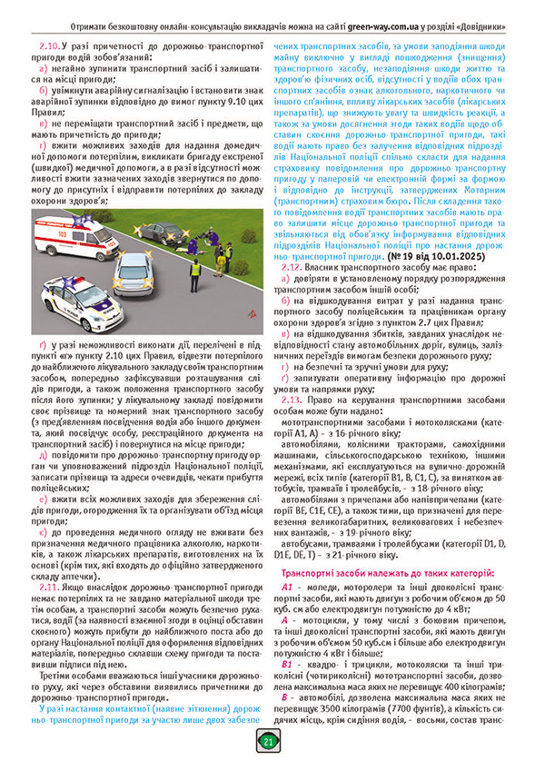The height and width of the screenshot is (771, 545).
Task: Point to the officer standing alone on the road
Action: pyautogui.click(x=194, y=270)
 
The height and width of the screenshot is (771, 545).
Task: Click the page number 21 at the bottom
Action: pyautogui.click(x=268, y=742)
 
